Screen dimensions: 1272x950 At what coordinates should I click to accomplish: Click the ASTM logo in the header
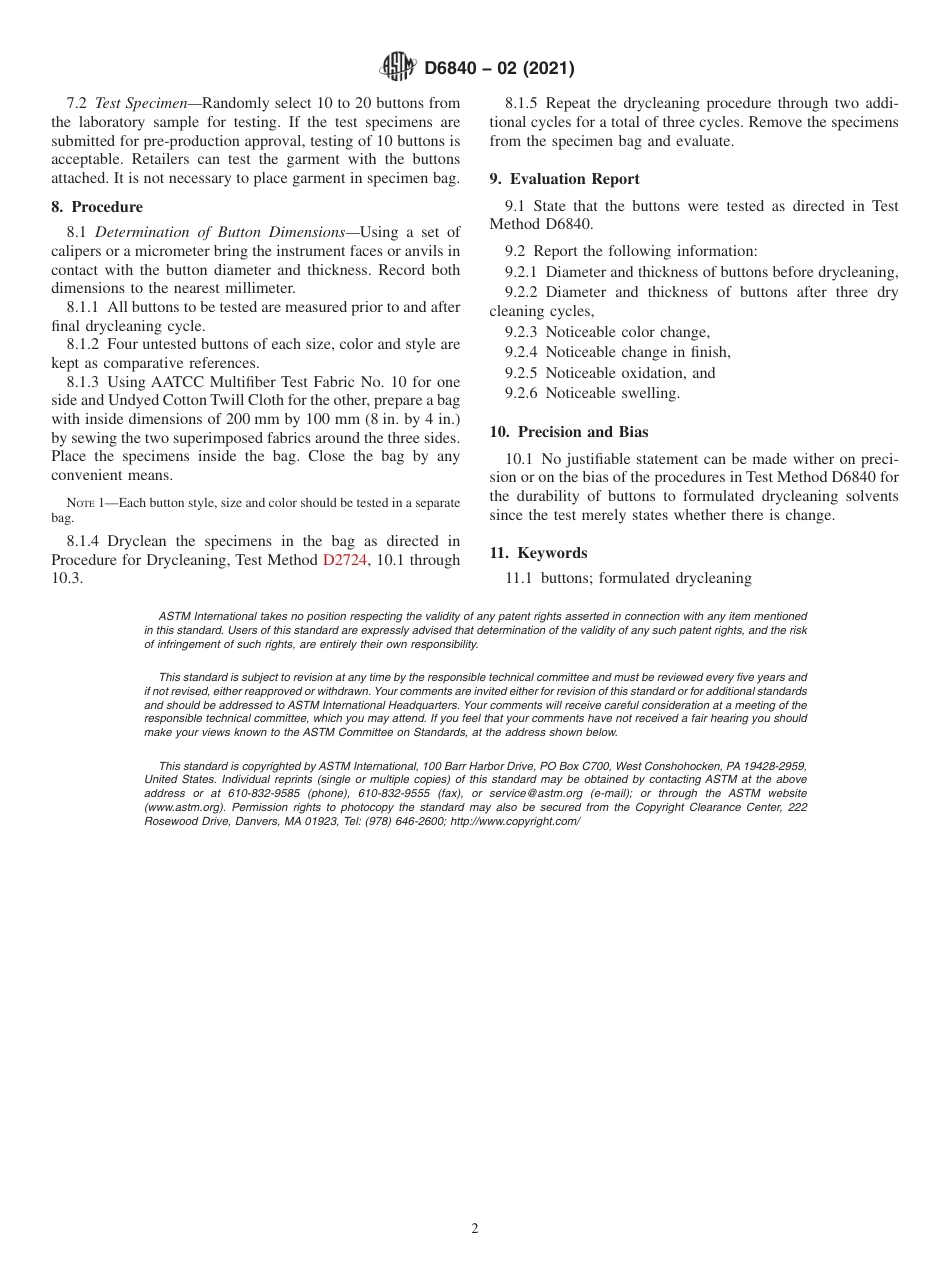398,68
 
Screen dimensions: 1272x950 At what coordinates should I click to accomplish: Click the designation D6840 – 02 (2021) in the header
499,69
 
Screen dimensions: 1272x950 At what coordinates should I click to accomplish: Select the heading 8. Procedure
97,207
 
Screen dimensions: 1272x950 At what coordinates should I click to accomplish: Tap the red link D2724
345,561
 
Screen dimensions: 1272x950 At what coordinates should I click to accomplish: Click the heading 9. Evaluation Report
564,179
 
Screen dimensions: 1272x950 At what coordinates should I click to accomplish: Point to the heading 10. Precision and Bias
568,432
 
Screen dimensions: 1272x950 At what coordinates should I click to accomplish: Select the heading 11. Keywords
538,553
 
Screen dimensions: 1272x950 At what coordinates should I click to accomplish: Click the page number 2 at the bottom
475,1229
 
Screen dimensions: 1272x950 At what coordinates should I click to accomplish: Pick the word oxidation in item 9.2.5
652,373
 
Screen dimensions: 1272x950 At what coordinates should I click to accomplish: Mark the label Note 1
85,501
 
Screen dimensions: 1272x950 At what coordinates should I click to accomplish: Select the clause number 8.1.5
525,103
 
